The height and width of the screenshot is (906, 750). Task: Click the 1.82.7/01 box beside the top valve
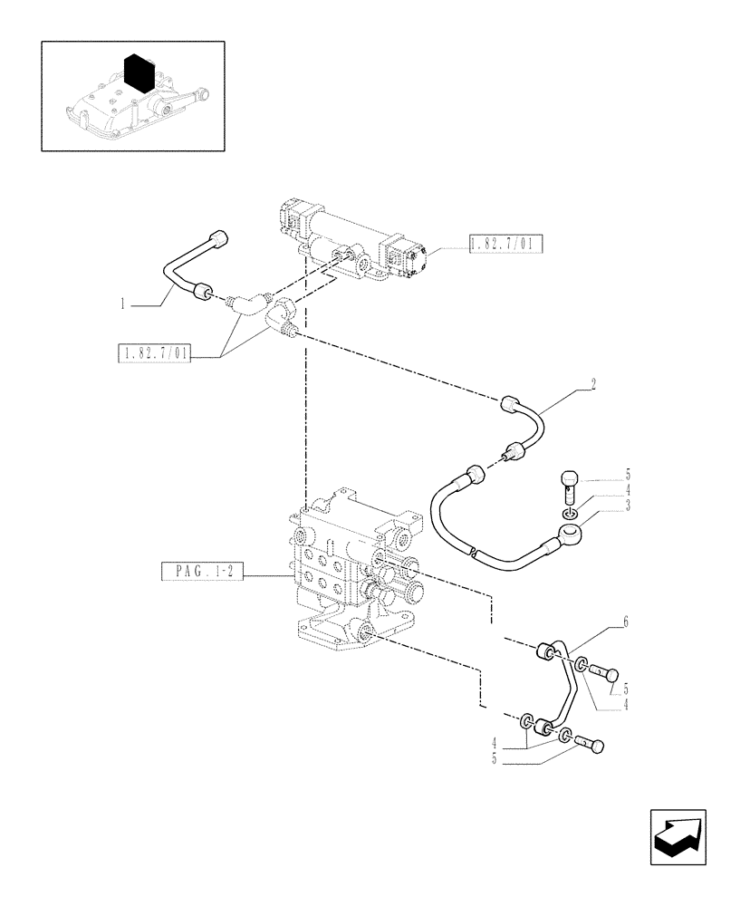click(x=505, y=243)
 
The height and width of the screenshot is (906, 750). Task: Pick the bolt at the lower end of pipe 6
click(x=589, y=747)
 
